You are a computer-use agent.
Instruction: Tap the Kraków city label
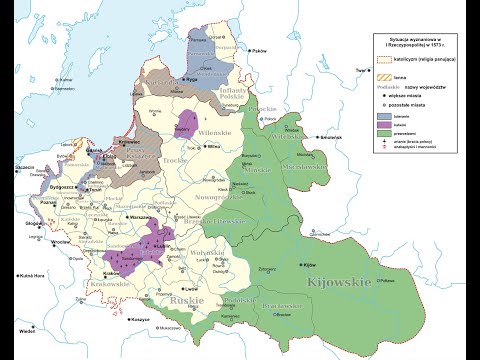click(112, 273)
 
